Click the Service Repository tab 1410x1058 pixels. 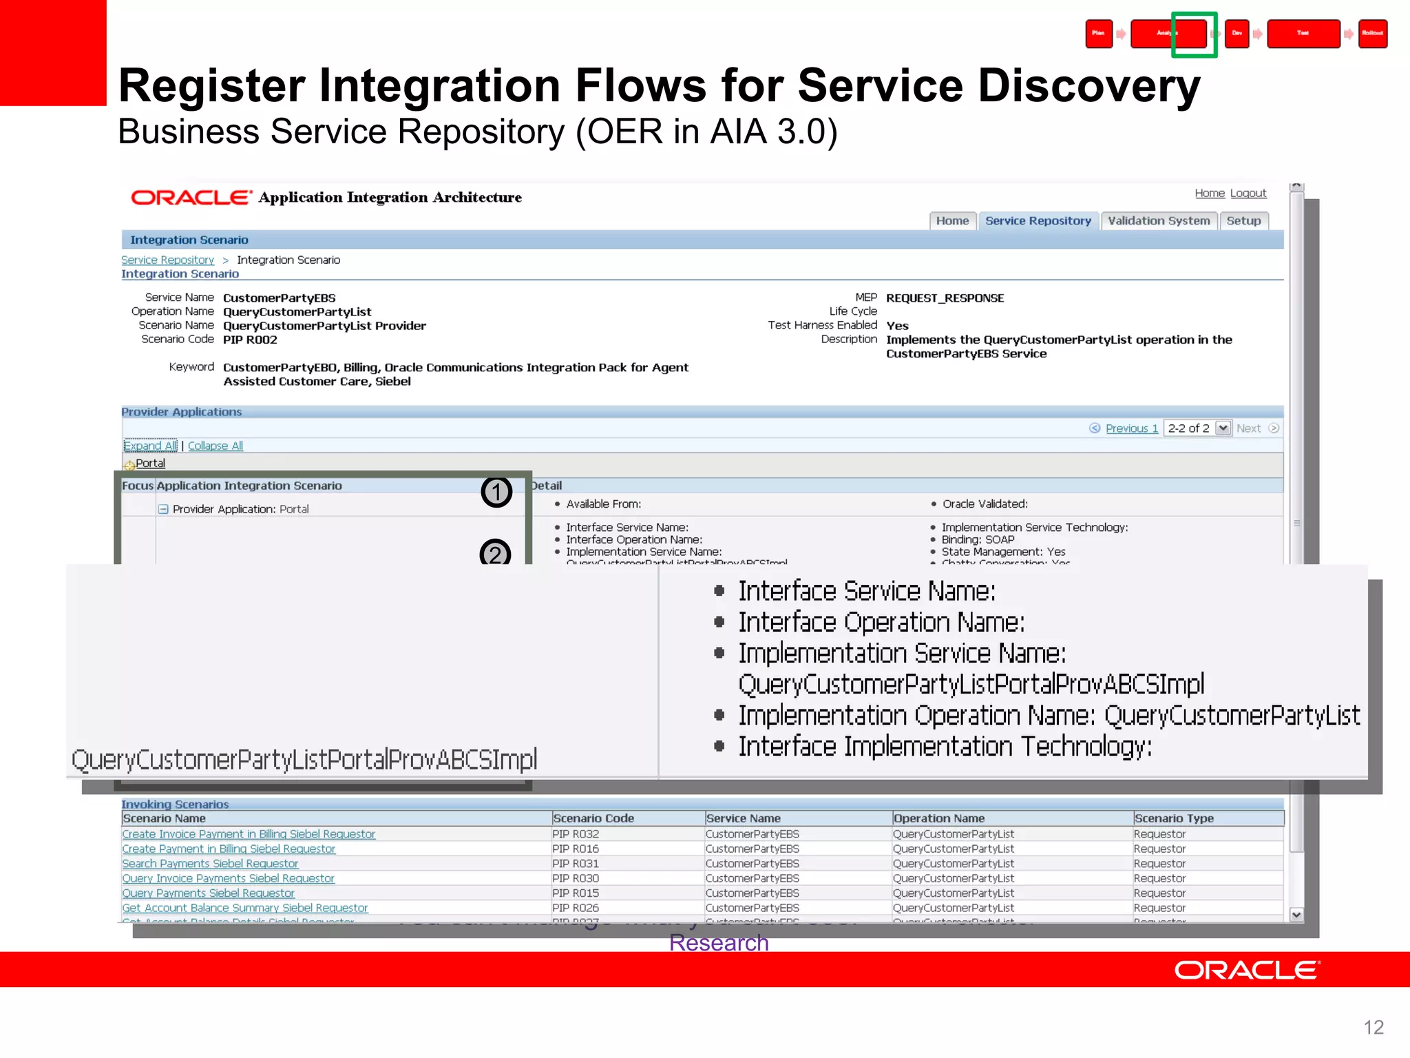(x=1038, y=221)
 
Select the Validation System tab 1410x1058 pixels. (x=1159, y=221)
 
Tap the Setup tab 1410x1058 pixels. (x=1243, y=221)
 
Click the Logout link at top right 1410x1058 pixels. (x=1248, y=194)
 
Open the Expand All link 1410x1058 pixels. (x=150, y=446)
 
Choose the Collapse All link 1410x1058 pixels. (x=215, y=446)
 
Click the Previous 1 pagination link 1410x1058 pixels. (x=1131, y=428)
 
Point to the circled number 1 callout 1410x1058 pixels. (x=496, y=492)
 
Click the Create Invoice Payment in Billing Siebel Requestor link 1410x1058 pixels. (x=249, y=834)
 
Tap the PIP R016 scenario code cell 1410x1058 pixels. (x=576, y=849)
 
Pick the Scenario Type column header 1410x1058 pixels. (x=1174, y=818)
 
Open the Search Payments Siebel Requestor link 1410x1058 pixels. (x=210, y=864)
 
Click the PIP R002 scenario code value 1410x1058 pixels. (x=250, y=340)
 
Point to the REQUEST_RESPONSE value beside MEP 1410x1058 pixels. (x=945, y=298)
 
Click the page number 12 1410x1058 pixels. (x=1373, y=1028)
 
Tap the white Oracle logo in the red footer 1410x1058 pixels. (x=1247, y=971)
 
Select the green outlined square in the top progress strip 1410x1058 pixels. (x=1194, y=34)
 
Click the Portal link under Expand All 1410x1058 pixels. (x=150, y=464)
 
